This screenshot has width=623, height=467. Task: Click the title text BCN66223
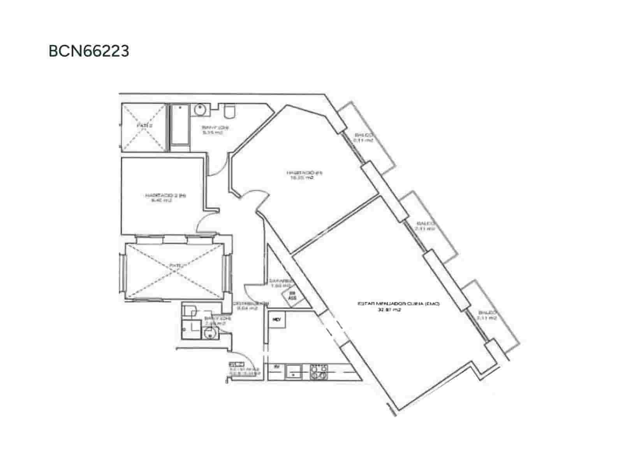click(89, 51)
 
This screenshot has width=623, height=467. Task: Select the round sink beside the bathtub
click(200, 110)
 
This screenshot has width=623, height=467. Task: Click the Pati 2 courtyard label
click(144, 126)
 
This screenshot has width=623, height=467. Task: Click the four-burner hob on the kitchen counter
click(319, 372)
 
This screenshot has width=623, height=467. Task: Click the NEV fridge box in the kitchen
click(277, 320)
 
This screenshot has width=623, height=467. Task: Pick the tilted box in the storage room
click(292, 296)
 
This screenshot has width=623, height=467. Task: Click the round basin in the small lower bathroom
click(210, 333)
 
